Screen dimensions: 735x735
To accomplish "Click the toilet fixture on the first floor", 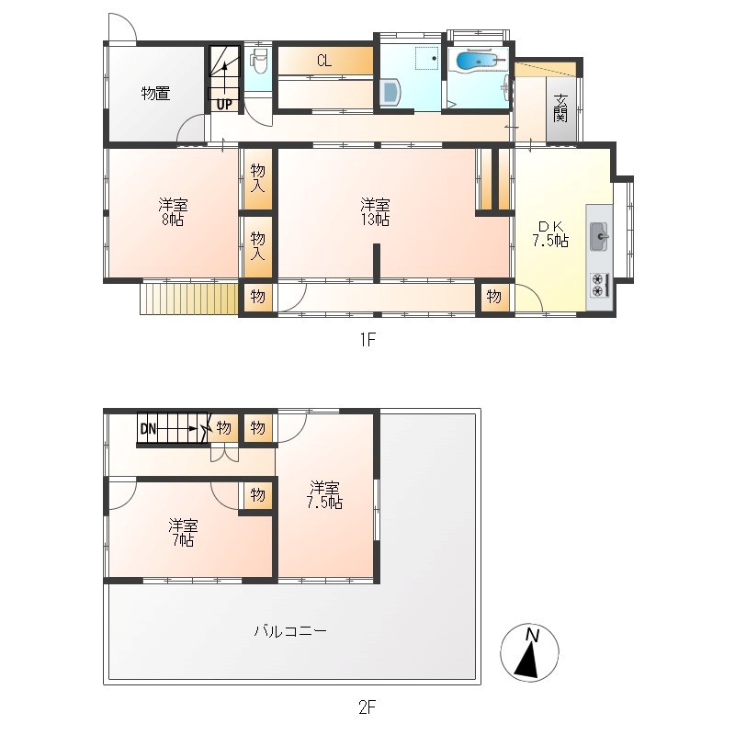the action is point(258,61).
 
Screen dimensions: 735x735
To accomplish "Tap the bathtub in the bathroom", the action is point(478,61).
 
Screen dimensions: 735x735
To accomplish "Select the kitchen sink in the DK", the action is point(599,236).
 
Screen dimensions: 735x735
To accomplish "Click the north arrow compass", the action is point(530,652).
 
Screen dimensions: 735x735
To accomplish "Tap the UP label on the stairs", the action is point(224,105).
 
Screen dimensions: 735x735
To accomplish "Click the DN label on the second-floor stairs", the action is point(148,428).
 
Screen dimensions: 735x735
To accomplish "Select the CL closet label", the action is point(324,61).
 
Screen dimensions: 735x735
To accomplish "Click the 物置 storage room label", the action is point(155,94).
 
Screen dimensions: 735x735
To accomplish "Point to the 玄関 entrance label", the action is point(560,107).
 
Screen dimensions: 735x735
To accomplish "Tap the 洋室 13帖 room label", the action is point(375,212).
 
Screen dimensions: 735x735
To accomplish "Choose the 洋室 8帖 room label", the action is point(173,212).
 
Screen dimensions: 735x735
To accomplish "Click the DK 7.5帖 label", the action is point(550,233).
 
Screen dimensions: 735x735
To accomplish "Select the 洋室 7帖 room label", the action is point(183,533).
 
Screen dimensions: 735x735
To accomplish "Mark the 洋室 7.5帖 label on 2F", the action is point(324,495).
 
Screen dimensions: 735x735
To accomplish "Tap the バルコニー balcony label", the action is point(290,630).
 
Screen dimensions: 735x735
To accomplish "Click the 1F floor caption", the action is point(368,339).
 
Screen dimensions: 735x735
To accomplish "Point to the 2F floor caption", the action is point(367,707).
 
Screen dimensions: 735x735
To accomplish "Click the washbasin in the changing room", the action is point(390,92).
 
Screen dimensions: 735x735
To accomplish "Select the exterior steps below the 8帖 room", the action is point(189,299).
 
